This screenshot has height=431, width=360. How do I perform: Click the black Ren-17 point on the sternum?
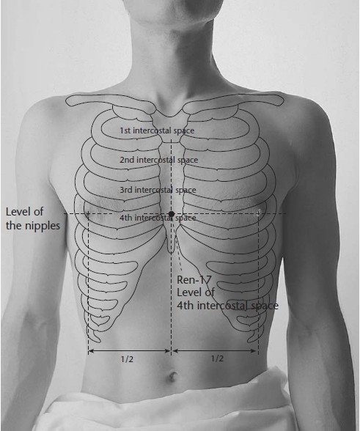tap(172, 214)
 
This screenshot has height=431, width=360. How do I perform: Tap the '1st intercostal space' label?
tap(157, 130)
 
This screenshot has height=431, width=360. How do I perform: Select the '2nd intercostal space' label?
tap(158, 160)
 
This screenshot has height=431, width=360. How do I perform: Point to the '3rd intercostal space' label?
tap(158, 190)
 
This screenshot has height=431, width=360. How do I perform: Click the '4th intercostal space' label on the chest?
tap(158, 218)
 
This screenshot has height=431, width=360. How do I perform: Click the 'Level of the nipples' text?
tap(33, 218)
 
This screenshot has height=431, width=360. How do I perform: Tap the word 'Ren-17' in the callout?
tap(194, 280)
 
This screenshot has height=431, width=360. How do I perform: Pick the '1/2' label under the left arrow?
tap(127, 359)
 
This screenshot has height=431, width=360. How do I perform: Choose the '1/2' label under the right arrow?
tap(217, 358)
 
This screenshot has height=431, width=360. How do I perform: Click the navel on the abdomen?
tap(172, 377)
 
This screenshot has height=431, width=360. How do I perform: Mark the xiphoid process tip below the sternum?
tap(171, 252)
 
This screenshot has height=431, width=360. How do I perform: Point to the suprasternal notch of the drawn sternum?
tap(170, 116)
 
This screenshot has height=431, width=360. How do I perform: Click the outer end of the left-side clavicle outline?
tap(67, 100)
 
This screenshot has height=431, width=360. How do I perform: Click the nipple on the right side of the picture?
tap(259, 212)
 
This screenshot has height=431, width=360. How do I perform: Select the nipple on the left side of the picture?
tap(88, 213)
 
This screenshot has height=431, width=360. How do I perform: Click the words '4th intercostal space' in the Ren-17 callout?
tap(227, 306)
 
